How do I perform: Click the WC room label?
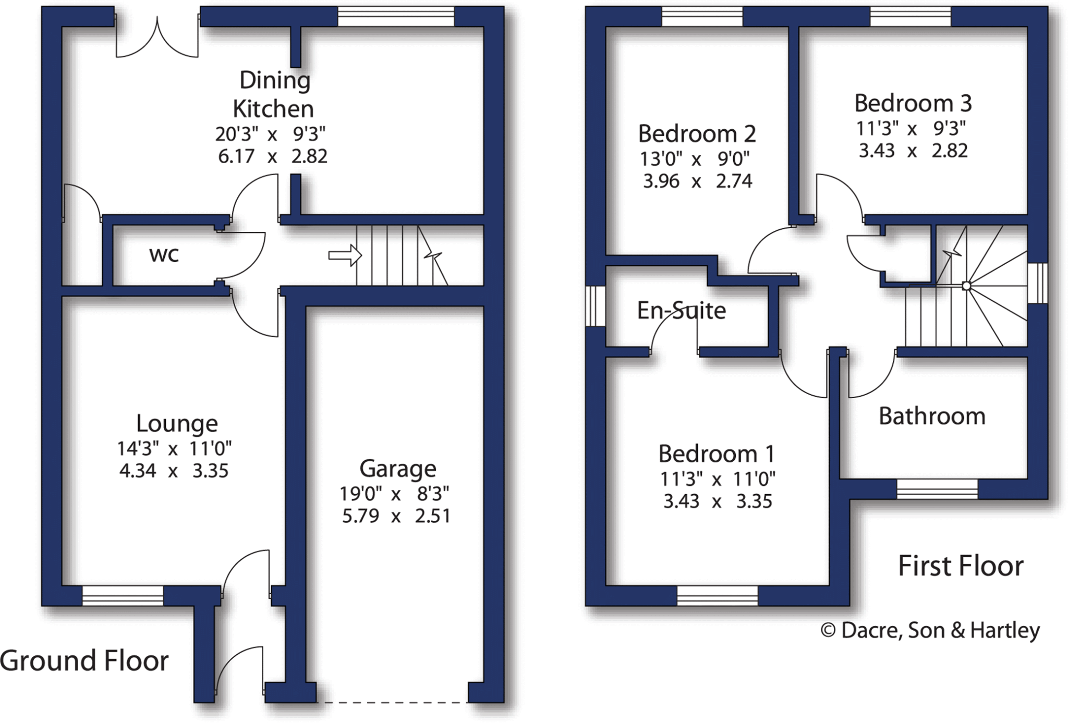click(164, 255)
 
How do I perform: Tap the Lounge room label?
click(177, 423)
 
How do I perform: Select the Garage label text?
click(397, 469)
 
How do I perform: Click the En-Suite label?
click(681, 311)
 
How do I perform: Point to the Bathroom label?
click(932, 416)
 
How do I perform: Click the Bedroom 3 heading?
click(913, 103)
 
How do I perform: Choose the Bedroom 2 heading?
click(697, 134)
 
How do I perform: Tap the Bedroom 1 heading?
click(717, 454)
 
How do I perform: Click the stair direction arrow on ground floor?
click(345, 255)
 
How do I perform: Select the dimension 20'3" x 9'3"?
click(270, 134)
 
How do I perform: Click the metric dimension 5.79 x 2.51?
click(396, 516)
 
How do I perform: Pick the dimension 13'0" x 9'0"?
click(695, 158)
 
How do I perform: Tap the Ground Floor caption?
click(84, 661)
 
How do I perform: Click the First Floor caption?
click(961, 566)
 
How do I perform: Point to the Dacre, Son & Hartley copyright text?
click(930, 631)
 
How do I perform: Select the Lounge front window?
click(123, 595)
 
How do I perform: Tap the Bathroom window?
click(937, 489)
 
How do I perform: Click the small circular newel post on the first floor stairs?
click(966, 286)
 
